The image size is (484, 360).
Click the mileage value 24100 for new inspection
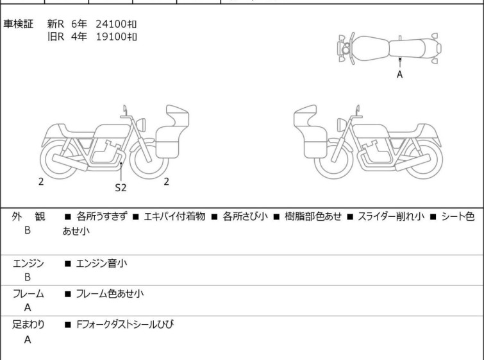(115, 24)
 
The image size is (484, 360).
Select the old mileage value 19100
(115, 37)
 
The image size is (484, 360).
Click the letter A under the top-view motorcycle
(399, 74)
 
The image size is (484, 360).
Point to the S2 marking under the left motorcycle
(121, 188)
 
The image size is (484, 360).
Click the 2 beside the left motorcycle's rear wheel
(41, 182)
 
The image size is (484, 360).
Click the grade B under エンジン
(28, 277)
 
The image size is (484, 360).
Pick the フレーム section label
(28, 294)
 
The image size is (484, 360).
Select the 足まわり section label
(28, 325)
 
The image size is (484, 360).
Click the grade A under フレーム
(28, 308)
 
